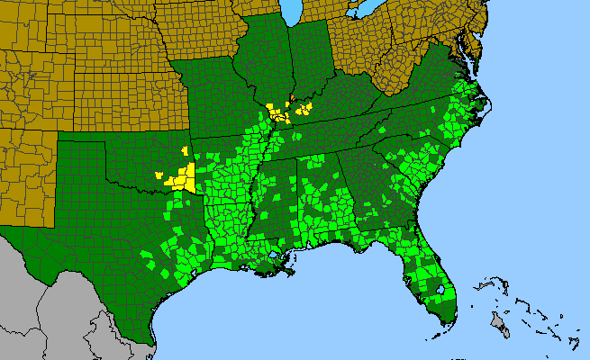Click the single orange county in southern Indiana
pyautogui.click(x=292, y=97)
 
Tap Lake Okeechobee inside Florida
pyautogui.click(x=440, y=290)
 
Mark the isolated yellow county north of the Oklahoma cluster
pyautogui.click(x=185, y=151)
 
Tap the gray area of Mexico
pyautogui.click(x=54, y=297)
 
